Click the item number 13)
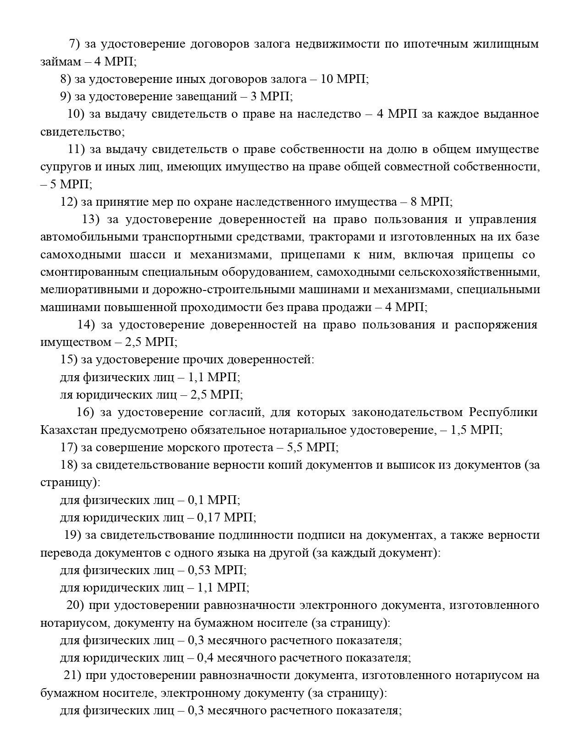point(91,219)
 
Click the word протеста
point(249,447)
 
